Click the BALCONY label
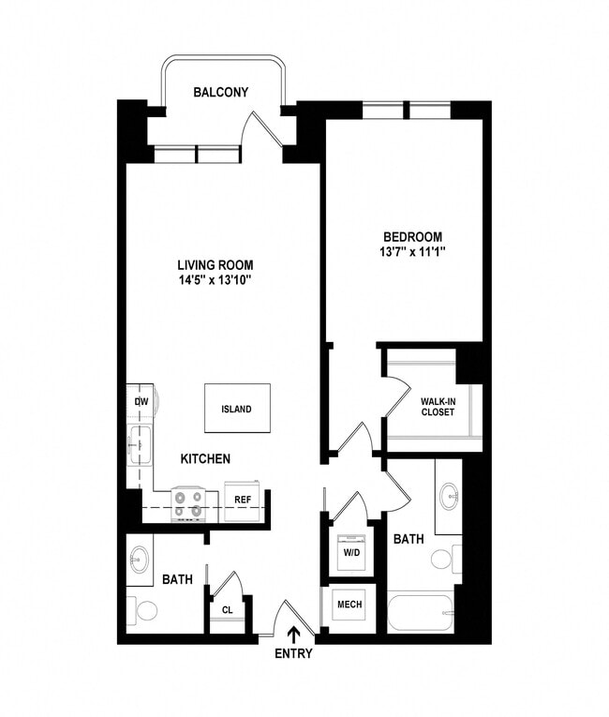221,92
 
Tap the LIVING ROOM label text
216,265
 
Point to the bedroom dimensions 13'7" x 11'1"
412,251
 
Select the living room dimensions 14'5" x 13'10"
216,280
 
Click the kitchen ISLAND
236,409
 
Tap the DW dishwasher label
141,401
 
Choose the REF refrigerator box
242,500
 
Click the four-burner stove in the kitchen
188,504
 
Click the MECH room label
349,605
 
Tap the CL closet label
228,610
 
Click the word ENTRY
294,654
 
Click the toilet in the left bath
144,612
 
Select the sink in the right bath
449,494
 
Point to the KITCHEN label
205,459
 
